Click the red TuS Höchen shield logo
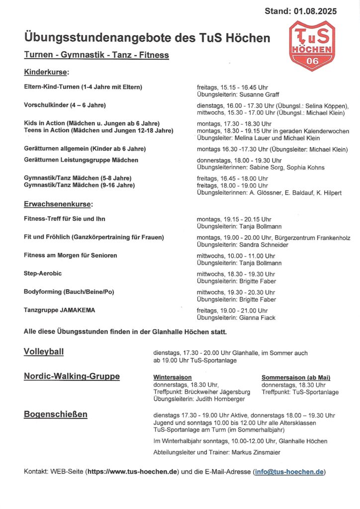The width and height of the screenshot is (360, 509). point(312,46)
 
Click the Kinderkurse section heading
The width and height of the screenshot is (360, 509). point(47,73)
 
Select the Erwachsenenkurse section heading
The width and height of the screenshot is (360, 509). point(59,204)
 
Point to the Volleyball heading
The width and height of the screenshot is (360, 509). point(44,352)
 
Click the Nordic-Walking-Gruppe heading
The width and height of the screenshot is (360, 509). point(72,376)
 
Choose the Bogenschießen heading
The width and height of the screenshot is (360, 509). point(56,414)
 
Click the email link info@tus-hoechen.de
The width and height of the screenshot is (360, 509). point(289,472)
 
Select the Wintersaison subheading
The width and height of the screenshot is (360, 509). point(173,378)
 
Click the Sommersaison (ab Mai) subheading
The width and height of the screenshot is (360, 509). point(296,378)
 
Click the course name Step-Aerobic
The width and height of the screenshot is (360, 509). point(43,273)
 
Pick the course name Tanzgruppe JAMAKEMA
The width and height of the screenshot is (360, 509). point(60,310)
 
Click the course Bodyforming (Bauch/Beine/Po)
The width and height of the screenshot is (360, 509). point(69,292)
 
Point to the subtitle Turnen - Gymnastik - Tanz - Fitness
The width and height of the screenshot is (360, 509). point(96,56)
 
